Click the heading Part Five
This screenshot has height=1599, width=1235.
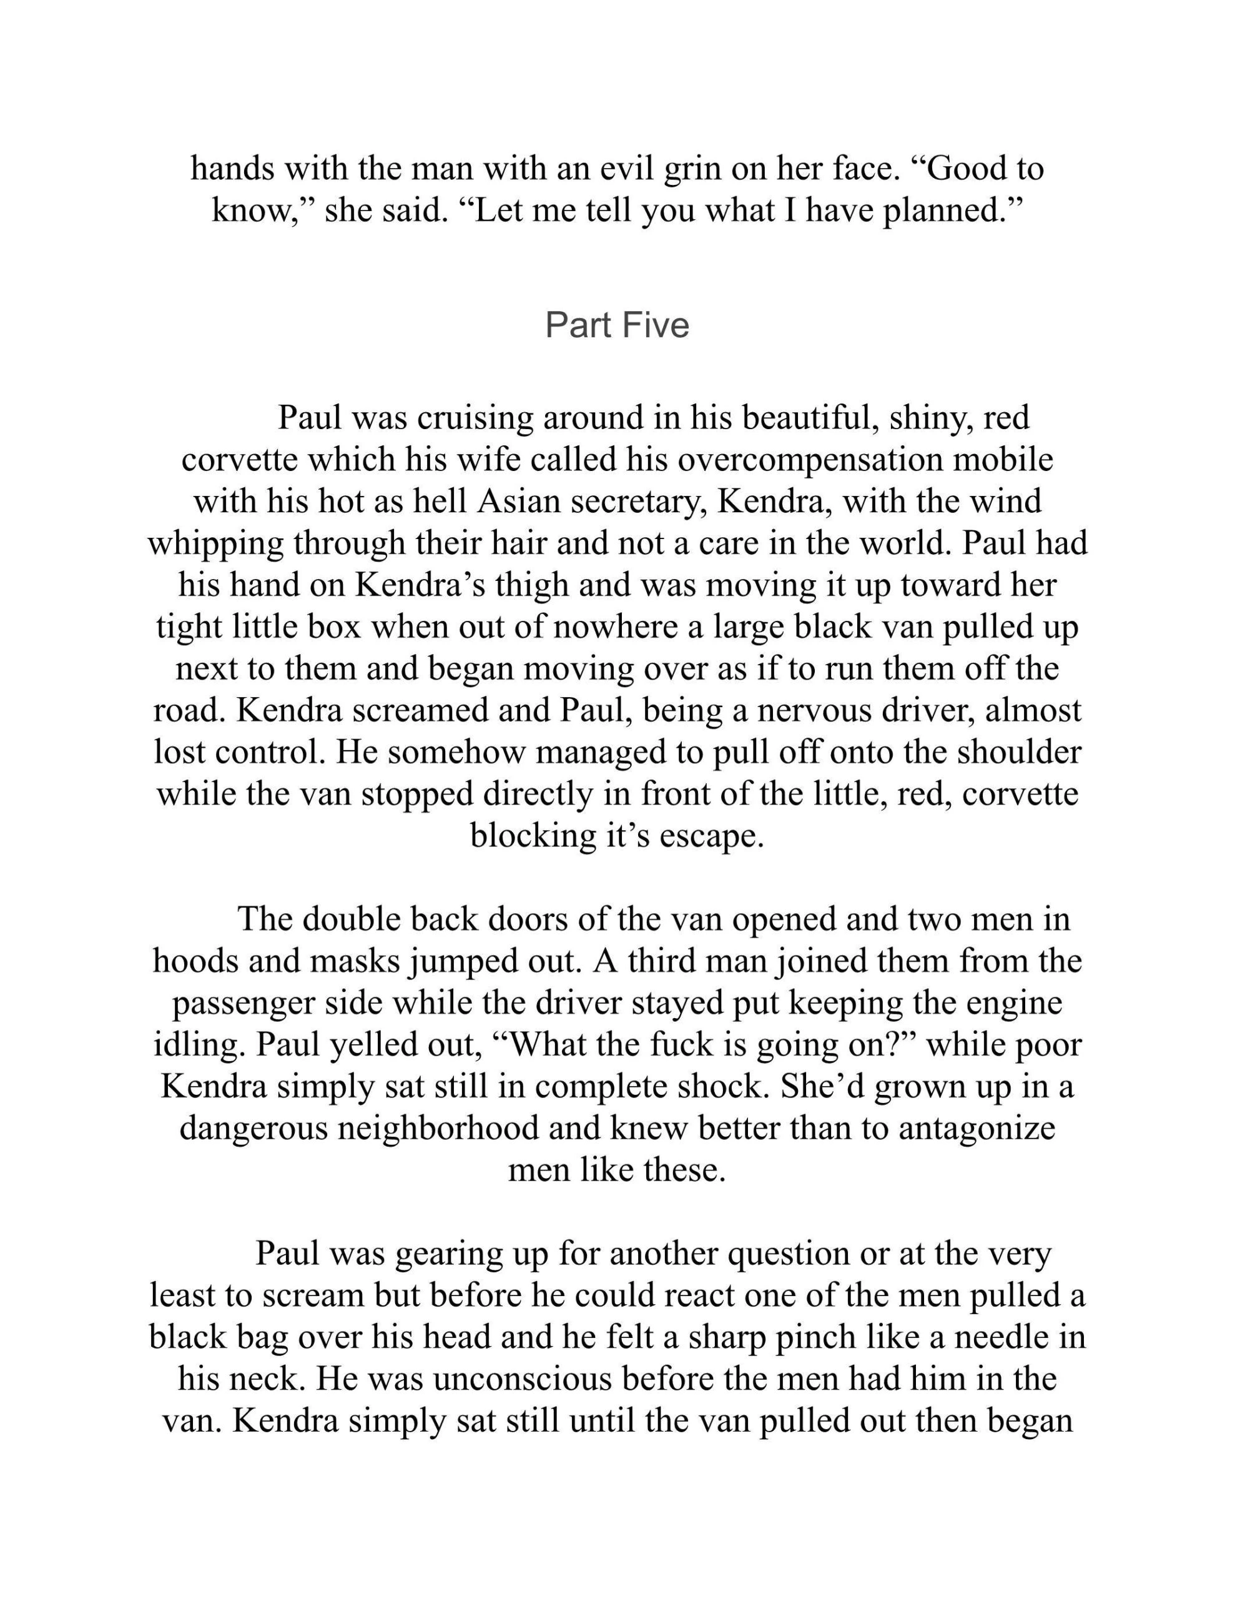pyautogui.click(x=617, y=325)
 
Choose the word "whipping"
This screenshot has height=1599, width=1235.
pyautogui.click(x=216, y=545)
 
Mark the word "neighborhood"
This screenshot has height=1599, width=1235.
pyautogui.click(x=438, y=1128)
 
